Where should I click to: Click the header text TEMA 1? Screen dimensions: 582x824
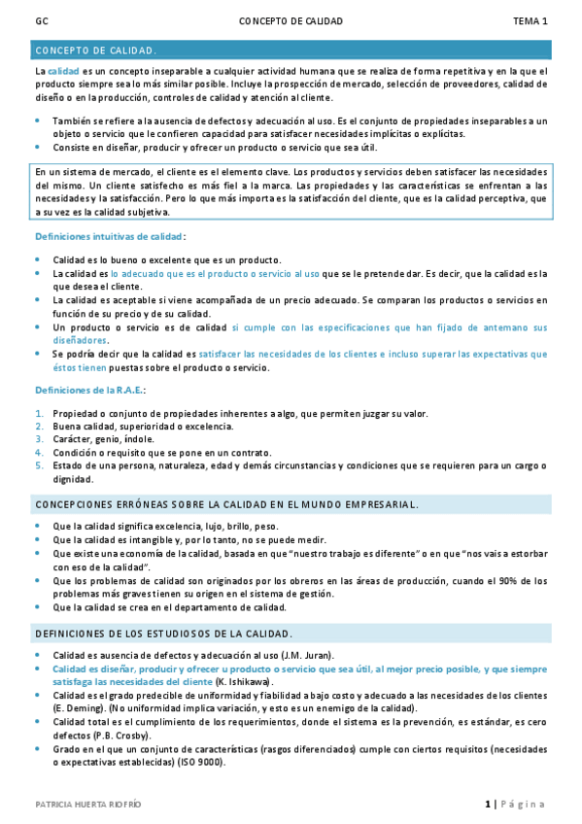531,19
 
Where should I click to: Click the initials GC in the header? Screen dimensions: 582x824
41,19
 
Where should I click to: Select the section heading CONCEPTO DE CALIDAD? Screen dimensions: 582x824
96,50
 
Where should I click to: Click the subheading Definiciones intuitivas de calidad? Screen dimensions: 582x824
109,236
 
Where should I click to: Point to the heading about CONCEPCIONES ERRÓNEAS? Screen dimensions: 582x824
226,504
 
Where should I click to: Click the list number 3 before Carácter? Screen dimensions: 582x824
39,438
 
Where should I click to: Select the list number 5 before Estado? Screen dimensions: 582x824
39,464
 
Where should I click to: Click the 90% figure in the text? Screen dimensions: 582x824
506,580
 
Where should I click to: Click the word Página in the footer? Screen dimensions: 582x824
524,805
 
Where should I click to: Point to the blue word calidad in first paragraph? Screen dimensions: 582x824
63,72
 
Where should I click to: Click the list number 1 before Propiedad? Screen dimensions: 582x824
39,413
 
